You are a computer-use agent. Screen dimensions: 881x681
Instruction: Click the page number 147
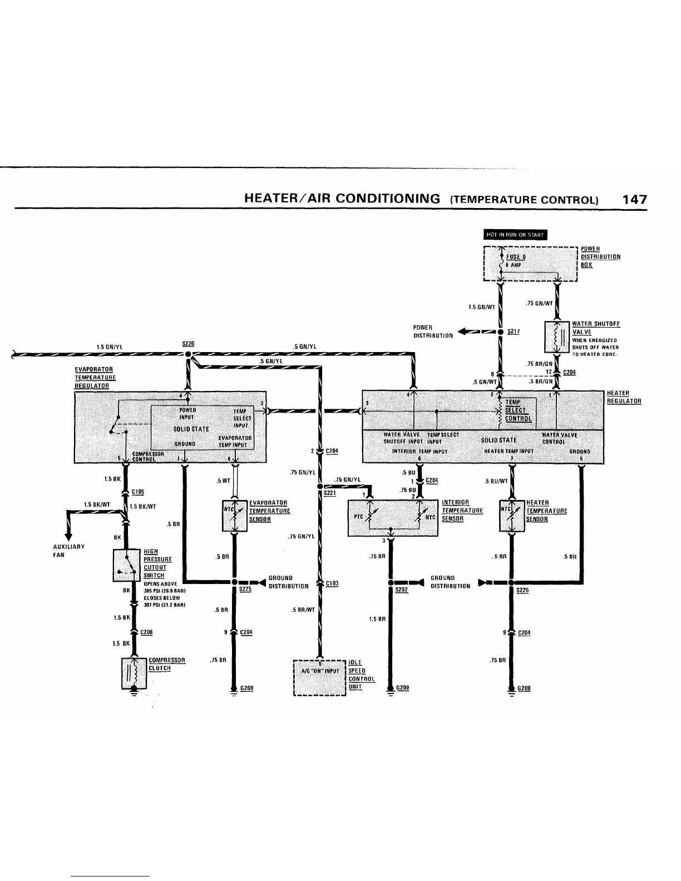point(634,199)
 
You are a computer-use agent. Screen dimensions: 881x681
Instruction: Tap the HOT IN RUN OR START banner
point(516,234)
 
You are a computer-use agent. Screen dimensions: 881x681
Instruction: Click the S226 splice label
point(188,344)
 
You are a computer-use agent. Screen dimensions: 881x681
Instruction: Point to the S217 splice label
point(514,332)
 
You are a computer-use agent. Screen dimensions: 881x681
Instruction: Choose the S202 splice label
point(401,590)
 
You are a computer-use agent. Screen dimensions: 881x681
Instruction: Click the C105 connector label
point(138,491)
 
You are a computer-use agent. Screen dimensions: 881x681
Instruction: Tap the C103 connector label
point(332,583)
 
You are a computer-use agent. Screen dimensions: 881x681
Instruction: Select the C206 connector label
point(147,632)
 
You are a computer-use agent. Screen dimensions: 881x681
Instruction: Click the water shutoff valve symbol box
point(556,336)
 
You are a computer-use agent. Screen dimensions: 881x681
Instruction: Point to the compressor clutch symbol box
point(133,672)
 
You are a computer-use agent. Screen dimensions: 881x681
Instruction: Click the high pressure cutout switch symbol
point(127,566)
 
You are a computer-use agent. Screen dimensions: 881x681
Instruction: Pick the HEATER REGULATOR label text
point(623,397)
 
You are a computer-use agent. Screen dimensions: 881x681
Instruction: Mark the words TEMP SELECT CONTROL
point(517,410)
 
